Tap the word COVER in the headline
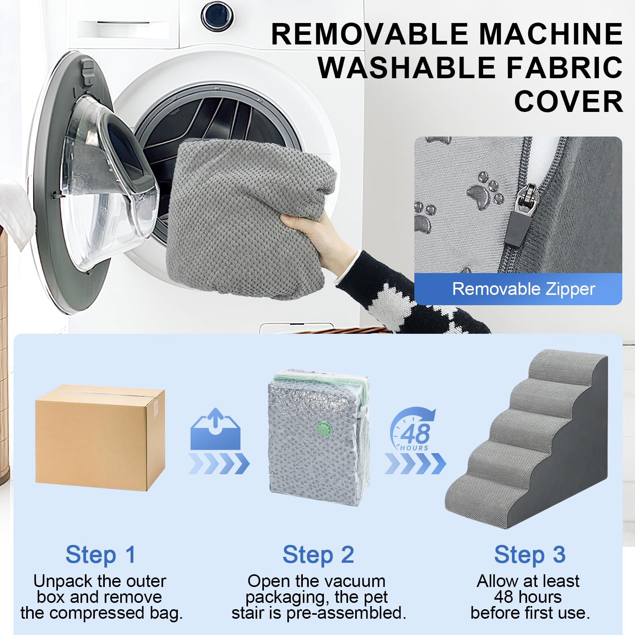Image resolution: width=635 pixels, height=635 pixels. click(568, 102)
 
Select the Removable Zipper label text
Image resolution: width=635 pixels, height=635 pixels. click(523, 289)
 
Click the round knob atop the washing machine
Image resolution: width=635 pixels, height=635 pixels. click(217, 16)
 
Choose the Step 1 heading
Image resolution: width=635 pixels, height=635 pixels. click(100, 554)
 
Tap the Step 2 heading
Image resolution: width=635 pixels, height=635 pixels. click(318, 554)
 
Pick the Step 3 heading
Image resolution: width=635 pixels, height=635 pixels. click(529, 554)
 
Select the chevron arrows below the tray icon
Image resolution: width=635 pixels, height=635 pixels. click(219, 464)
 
